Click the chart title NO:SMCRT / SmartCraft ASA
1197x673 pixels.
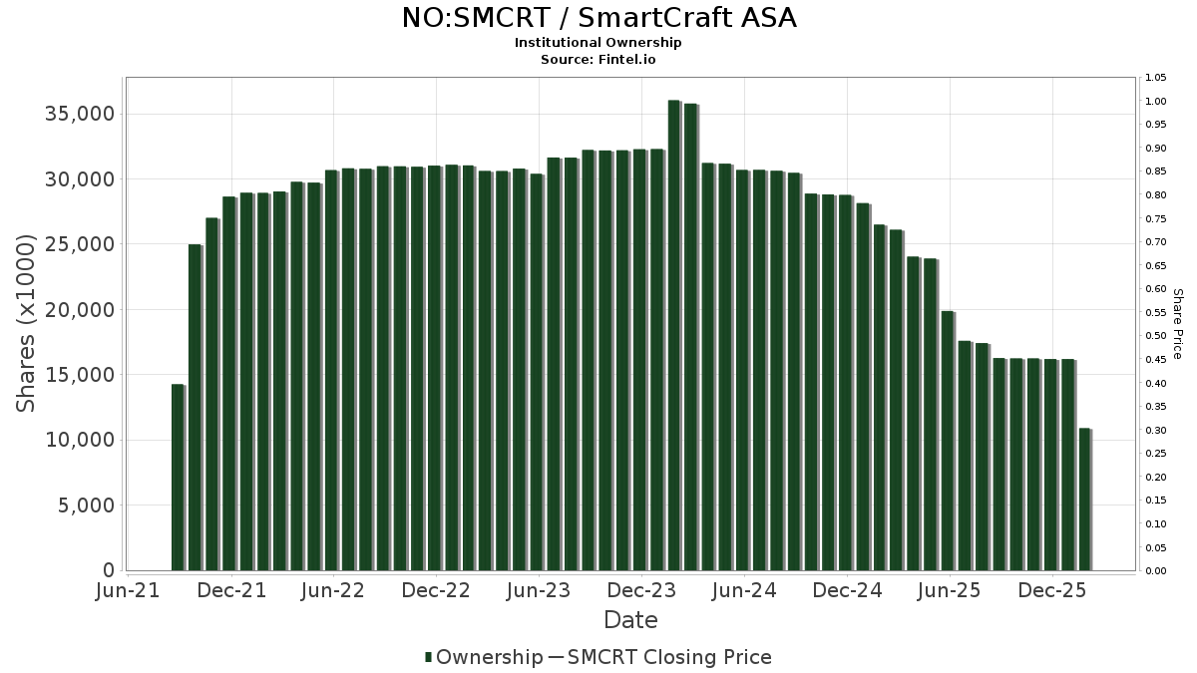point(598,18)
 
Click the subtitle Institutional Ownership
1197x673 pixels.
point(598,43)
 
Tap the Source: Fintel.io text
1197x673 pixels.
point(598,59)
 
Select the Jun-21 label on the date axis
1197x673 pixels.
point(128,590)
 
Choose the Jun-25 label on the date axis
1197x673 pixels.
point(950,590)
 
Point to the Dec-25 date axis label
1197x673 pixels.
point(1052,590)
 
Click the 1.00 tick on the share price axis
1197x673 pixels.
point(1155,101)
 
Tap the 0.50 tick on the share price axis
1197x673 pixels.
point(1155,336)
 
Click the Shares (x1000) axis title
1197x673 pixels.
point(27,322)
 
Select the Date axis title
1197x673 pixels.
point(630,620)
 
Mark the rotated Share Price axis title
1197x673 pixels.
point(1177,323)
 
